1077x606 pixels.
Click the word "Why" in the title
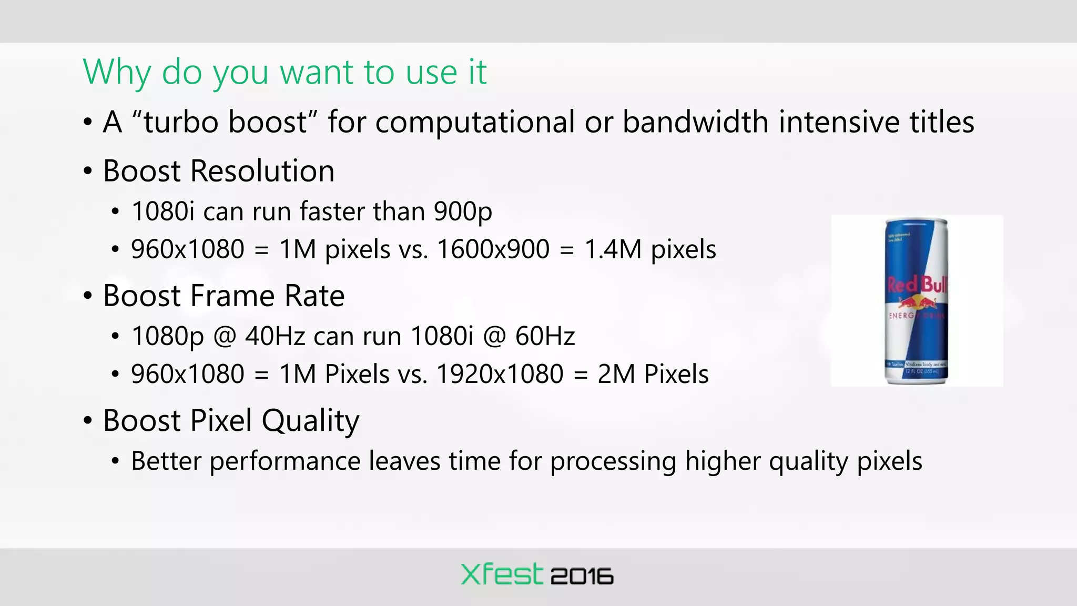[x=116, y=72]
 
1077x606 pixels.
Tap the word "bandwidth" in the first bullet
[x=696, y=122]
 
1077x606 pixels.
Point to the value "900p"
[x=463, y=212]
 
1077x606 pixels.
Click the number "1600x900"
[x=493, y=249]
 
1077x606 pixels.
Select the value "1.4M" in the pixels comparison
[x=613, y=249]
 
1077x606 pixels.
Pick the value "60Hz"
[x=545, y=336]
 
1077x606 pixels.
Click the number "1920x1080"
[x=500, y=374]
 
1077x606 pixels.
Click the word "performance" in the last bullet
[x=285, y=461]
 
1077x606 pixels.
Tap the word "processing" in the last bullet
[x=613, y=461]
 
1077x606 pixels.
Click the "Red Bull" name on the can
[x=917, y=285]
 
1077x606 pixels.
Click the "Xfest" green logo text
[x=501, y=574]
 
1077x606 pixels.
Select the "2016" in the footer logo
[x=582, y=577]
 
